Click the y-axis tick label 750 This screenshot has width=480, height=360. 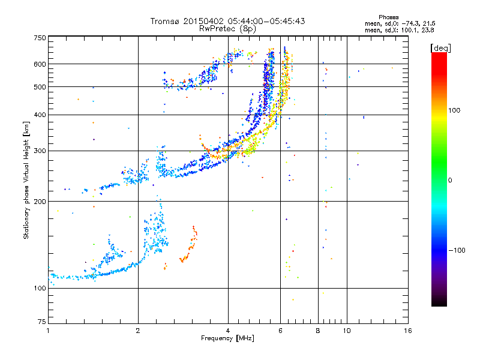[x=40, y=38]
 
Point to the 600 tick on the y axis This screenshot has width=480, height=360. [x=40, y=64]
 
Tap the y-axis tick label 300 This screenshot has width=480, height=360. [x=40, y=151]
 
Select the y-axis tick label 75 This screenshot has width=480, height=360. [x=42, y=322]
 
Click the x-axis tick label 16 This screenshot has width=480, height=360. [x=408, y=331]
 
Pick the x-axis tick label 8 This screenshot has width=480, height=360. [x=318, y=331]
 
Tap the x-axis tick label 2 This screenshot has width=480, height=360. [x=138, y=331]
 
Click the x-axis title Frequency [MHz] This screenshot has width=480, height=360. [x=227, y=338]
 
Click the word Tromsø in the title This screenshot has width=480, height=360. [x=166, y=21]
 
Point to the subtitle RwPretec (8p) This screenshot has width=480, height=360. [x=227, y=29]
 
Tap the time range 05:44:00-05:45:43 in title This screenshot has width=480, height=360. [x=266, y=21]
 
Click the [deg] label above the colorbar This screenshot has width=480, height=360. [x=440, y=49]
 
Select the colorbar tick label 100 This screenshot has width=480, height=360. [x=454, y=110]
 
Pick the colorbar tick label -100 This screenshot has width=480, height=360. [x=457, y=250]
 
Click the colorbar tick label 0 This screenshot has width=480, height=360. [x=450, y=181]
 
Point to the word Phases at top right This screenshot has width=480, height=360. [x=389, y=17]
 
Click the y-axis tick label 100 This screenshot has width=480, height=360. [x=40, y=289]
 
